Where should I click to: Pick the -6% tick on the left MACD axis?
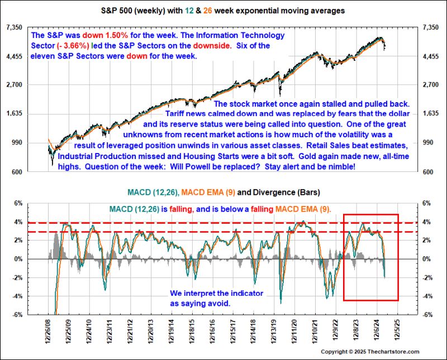(x=17, y=314)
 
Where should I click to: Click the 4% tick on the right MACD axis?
(x=429, y=222)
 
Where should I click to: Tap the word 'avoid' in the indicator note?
(x=218, y=303)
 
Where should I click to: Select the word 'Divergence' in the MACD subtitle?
(x=270, y=193)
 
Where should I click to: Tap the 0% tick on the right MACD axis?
(x=429, y=259)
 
